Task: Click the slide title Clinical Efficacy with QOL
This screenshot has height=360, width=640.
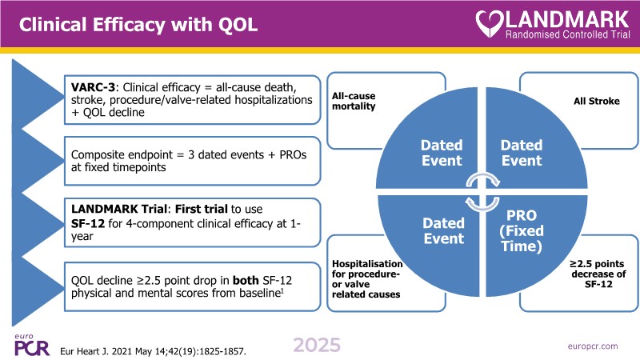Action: click(x=138, y=25)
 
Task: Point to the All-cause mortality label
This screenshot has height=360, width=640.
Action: click(x=353, y=100)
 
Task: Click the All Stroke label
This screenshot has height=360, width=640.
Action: click(x=596, y=102)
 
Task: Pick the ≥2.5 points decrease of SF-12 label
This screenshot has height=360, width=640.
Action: click(x=593, y=275)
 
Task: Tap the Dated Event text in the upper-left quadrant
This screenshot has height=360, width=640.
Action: click(x=442, y=153)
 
